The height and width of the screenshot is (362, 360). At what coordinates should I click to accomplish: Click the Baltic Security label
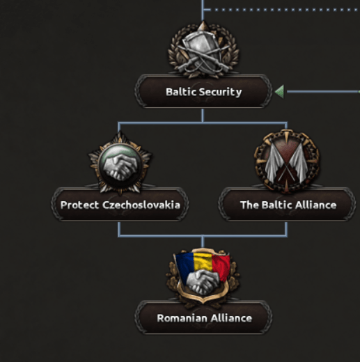(203, 92)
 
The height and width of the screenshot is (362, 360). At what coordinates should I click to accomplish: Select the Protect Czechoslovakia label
(120, 205)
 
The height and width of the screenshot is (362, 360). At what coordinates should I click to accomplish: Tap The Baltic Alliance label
(288, 205)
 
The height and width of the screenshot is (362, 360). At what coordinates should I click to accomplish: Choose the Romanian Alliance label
(204, 318)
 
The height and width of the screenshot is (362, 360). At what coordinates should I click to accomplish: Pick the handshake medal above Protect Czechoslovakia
(120, 162)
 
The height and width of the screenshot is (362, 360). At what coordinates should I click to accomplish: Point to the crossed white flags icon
(287, 161)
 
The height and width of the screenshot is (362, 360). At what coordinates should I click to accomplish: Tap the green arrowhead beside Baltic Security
(279, 92)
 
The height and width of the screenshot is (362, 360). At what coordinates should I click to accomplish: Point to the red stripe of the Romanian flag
(221, 267)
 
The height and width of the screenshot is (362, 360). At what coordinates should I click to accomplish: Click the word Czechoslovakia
(141, 205)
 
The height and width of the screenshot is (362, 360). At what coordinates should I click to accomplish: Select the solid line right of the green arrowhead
(323, 92)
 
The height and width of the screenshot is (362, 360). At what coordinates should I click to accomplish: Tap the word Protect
(79, 205)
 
